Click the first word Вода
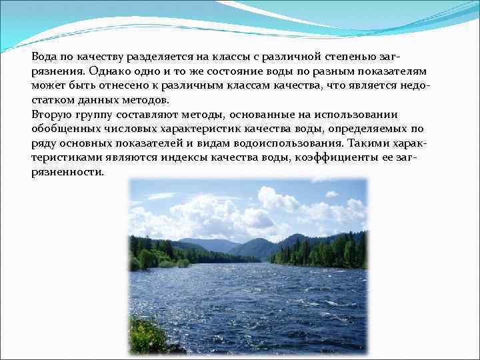point(44,57)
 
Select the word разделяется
point(147,57)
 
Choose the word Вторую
point(51,115)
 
